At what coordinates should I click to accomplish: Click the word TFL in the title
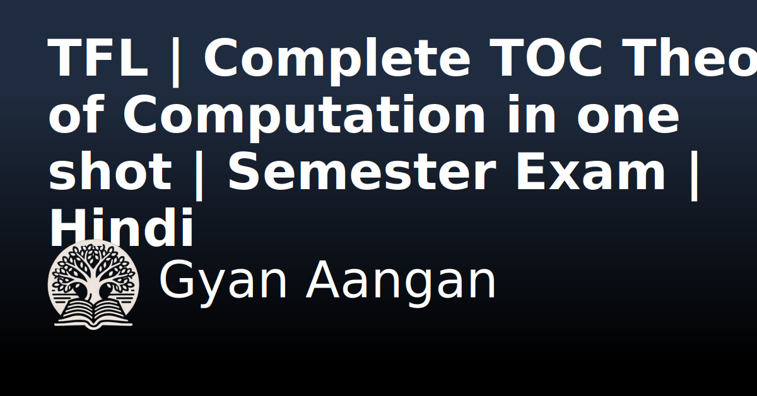(98, 59)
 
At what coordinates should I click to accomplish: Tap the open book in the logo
(93, 313)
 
